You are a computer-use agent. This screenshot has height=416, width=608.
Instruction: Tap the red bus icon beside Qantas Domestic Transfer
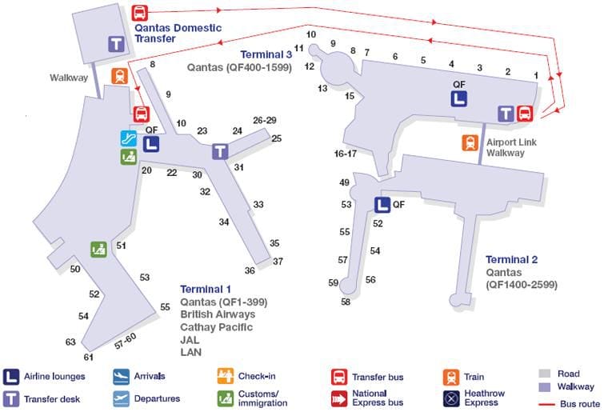point(139,13)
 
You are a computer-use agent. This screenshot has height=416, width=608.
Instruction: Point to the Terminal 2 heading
point(512,259)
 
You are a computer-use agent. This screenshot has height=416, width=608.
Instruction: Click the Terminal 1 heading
point(206,289)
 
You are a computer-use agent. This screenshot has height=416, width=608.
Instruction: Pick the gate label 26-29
point(264,120)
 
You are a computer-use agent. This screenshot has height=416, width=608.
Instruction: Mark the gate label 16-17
point(346,153)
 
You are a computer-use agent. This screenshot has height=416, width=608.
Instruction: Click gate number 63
point(70,342)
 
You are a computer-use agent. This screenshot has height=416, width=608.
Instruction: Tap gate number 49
point(345,183)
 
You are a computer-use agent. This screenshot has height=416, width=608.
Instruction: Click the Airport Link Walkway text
point(506,147)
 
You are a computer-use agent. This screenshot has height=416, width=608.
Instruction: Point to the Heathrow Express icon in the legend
point(450,397)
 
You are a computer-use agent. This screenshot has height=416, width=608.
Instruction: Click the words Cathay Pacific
point(217,326)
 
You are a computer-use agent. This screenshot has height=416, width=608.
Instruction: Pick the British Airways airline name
point(218,314)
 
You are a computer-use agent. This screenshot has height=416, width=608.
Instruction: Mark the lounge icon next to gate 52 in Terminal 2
point(382,205)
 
